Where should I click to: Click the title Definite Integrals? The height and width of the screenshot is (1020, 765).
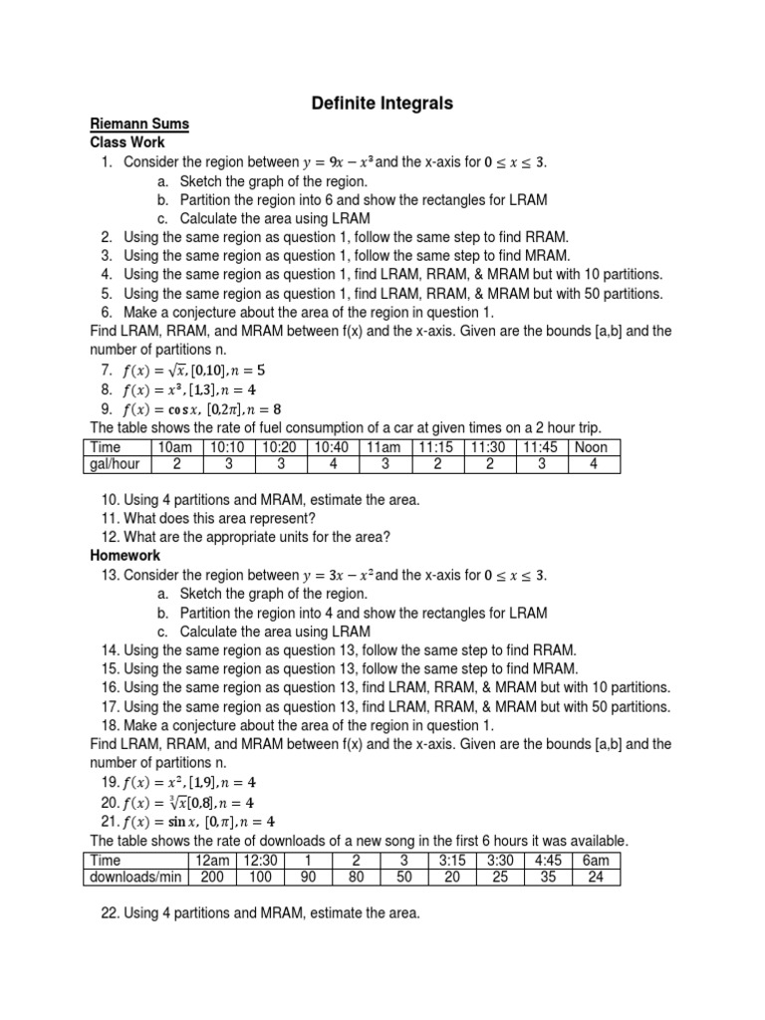tap(382, 103)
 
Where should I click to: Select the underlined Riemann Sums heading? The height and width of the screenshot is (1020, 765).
tap(139, 125)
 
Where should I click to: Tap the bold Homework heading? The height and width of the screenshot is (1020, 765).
tap(125, 555)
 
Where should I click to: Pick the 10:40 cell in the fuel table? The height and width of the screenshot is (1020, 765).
tap(333, 447)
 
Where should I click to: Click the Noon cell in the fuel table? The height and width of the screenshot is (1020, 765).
tap(593, 447)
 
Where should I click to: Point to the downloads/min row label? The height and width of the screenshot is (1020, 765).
tap(140, 878)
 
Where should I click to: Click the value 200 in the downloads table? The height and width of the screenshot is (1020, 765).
tap(211, 878)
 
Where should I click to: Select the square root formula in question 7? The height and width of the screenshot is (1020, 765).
tap(194, 371)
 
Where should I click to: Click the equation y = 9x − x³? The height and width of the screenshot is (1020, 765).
tap(338, 162)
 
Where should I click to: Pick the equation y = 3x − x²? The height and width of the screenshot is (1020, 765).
tap(338, 576)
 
